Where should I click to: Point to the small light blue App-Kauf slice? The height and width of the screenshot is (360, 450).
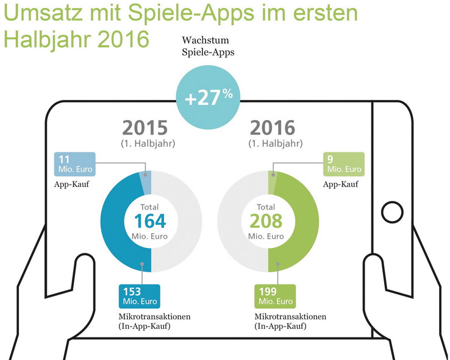146,181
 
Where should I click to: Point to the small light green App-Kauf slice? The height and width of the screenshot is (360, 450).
272,181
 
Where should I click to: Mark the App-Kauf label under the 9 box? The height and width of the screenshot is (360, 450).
338,184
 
